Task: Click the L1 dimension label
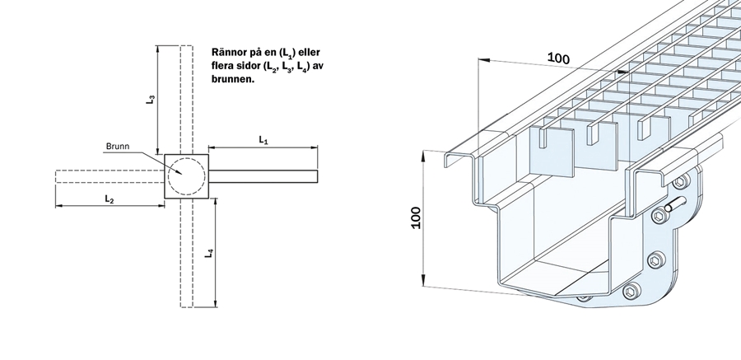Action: [x=263, y=140]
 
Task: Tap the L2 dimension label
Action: [x=110, y=199]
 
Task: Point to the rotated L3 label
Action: [x=151, y=99]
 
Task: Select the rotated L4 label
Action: [x=209, y=253]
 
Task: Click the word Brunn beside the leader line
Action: [x=118, y=147]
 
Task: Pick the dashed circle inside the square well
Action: [x=187, y=176]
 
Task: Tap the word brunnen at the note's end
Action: [x=233, y=78]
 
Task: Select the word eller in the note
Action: [x=310, y=52]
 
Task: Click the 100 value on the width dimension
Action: [x=558, y=58]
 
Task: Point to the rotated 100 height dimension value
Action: [x=416, y=217]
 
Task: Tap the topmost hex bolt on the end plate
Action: [x=680, y=180]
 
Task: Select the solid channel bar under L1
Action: [x=263, y=176]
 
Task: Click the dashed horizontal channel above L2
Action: [x=110, y=176]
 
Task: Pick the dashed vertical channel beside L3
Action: [x=187, y=100]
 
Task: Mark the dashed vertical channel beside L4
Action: [x=187, y=253]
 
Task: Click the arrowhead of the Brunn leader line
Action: [x=179, y=172]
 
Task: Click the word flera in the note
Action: [x=221, y=65]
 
